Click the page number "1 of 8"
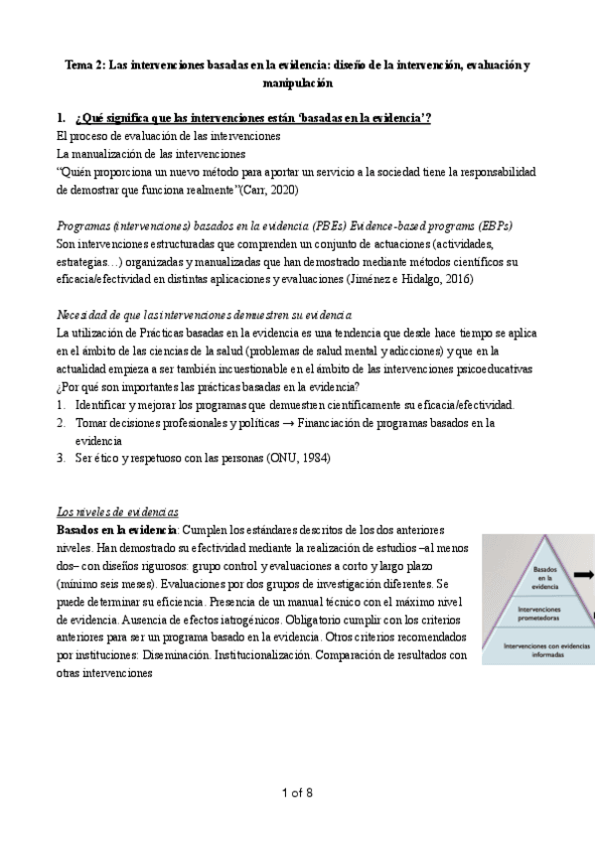tap(297, 792)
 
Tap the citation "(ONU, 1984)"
tap(295, 458)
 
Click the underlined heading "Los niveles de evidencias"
tap(117, 510)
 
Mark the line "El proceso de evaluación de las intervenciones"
tap(169, 135)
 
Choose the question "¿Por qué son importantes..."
tap(208, 387)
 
